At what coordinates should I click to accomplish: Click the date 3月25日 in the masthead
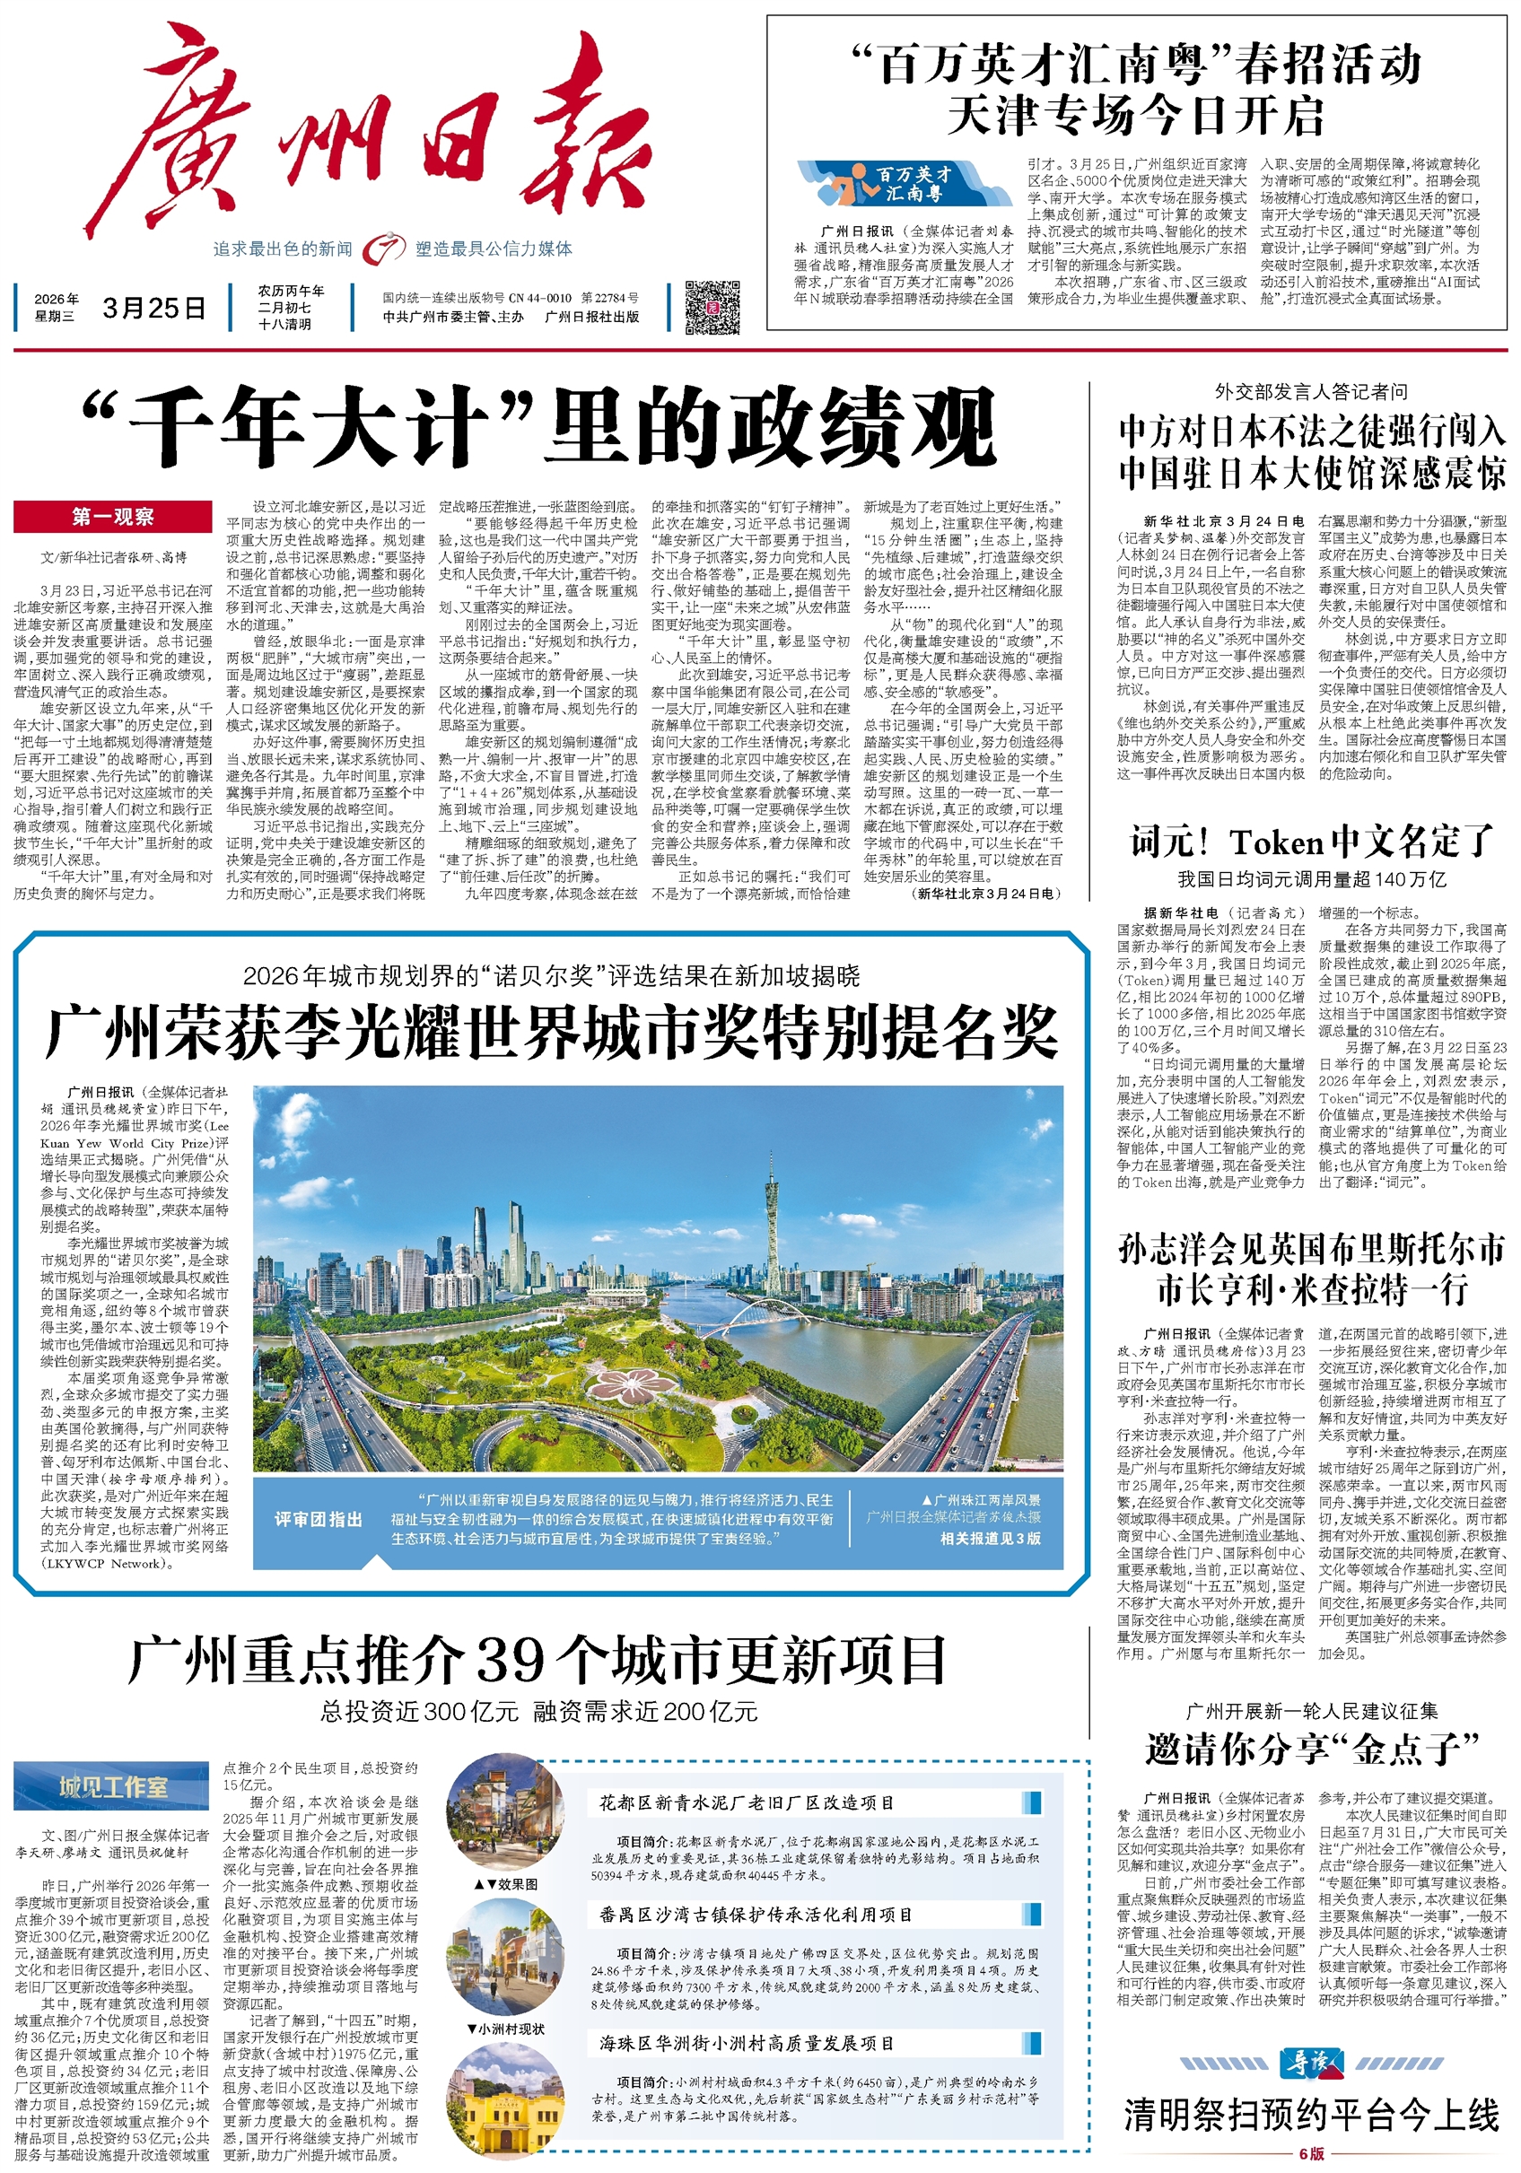point(154,308)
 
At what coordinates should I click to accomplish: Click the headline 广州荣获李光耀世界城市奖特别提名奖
point(551,1034)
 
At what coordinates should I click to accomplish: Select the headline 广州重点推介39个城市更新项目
point(538,1659)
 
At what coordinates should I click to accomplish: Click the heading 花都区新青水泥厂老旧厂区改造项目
point(747,1803)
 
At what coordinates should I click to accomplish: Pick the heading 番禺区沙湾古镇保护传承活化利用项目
point(756,1915)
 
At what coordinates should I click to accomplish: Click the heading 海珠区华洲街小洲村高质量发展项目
point(746,2043)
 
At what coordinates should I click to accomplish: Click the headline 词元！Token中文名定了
point(1311,841)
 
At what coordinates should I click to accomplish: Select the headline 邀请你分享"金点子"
point(1311,1748)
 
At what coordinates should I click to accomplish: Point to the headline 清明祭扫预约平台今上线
point(1311,2114)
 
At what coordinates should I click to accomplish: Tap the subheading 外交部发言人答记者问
point(1311,392)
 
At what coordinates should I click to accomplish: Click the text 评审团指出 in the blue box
point(318,1519)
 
